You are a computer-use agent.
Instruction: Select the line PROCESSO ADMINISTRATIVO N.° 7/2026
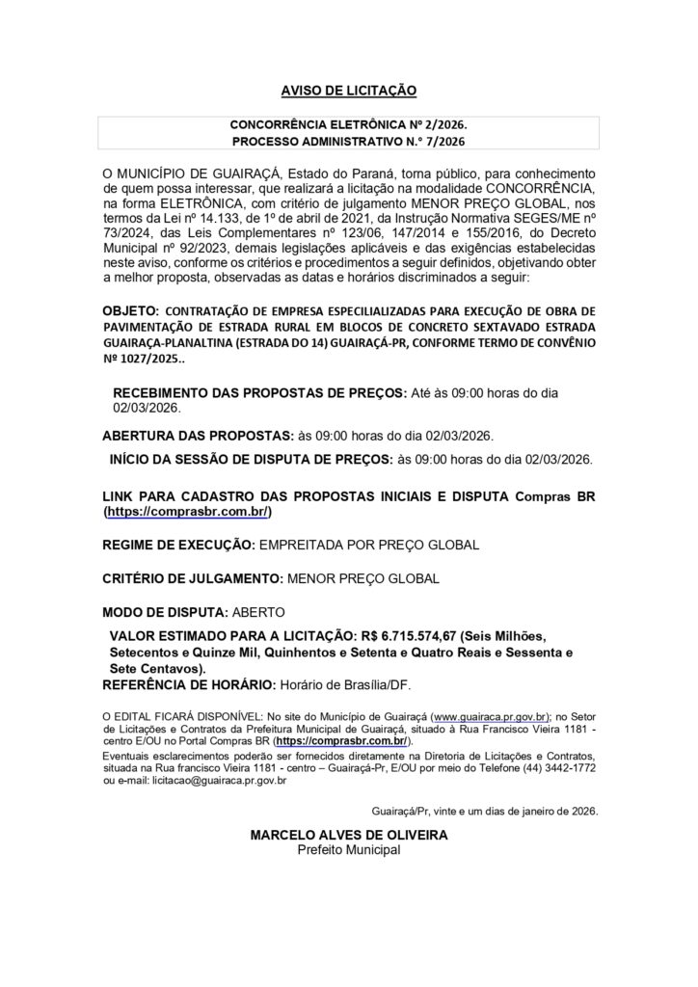(x=348, y=142)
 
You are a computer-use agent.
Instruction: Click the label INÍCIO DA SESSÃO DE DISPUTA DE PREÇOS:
(x=252, y=458)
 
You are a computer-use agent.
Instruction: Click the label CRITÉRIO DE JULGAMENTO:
(x=190, y=578)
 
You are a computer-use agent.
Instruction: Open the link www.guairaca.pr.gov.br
(x=492, y=717)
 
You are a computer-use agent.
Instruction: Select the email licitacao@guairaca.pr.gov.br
(x=201, y=783)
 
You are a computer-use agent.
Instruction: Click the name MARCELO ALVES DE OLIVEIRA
(x=348, y=836)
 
